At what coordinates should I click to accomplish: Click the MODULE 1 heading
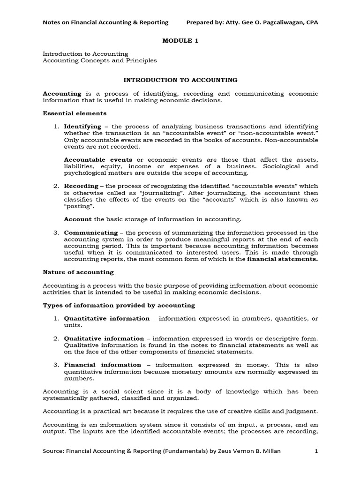[x=180, y=41]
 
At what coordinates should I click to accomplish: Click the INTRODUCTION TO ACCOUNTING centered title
[x=180, y=80]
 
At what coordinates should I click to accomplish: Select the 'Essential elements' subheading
[x=75, y=113]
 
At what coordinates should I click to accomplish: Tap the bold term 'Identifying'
[x=82, y=127]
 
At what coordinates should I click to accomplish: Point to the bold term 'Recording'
[x=81, y=186]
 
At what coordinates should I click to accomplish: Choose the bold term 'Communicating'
[x=91, y=232]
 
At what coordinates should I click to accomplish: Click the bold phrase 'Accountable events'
[x=98, y=159]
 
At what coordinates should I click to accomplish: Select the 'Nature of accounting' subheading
[x=78, y=272]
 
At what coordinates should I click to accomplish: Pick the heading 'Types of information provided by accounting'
[x=119, y=305]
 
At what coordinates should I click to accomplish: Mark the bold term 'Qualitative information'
[x=104, y=338]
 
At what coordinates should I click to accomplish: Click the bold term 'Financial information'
[x=102, y=365]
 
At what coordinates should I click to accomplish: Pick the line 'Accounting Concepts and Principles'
[x=100, y=60]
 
